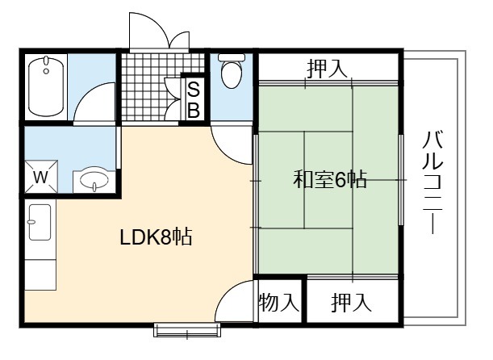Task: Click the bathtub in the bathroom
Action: (x=46, y=86)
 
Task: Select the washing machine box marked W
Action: (x=41, y=177)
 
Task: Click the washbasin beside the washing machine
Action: (x=94, y=180)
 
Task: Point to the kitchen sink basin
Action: (x=40, y=222)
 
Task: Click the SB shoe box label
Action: (x=194, y=100)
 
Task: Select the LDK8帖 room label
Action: (x=156, y=237)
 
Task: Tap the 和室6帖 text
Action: (x=330, y=179)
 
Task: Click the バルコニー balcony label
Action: (x=433, y=182)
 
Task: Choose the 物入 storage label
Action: (x=278, y=302)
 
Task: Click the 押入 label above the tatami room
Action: (x=327, y=69)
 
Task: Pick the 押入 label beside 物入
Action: (x=351, y=302)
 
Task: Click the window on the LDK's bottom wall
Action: (x=187, y=330)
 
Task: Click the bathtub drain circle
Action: (x=46, y=71)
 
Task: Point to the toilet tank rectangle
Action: (x=232, y=57)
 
